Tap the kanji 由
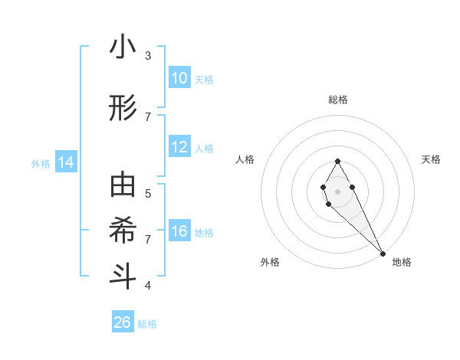click(x=123, y=186)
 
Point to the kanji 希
click(x=123, y=231)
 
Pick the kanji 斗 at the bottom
click(x=123, y=275)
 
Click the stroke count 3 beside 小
click(x=148, y=55)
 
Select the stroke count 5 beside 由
click(x=148, y=193)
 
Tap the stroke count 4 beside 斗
click(x=148, y=285)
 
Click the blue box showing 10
click(x=179, y=78)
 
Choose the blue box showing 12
click(x=179, y=147)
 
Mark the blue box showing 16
click(x=179, y=231)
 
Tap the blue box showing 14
click(x=66, y=162)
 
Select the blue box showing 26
click(x=123, y=322)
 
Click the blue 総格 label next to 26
click(x=147, y=324)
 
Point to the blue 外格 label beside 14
click(x=41, y=163)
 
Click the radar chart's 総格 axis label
click(x=338, y=100)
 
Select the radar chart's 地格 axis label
click(x=402, y=262)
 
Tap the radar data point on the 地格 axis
click(x=383, y=254)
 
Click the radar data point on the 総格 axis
click(x=337, y=161)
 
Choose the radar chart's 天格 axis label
click(x=432, y=159)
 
